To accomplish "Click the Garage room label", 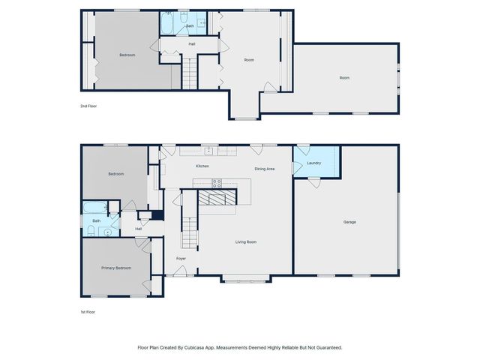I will click(349, 222).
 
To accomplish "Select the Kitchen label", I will click(202, 166).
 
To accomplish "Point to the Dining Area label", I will click(264, 169).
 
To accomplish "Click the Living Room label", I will click(246, 241).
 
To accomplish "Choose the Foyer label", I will click(181, 259).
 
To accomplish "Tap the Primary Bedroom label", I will click(116, 268).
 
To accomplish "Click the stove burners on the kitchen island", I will click(217, 182).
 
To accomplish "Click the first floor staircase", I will click(189, 229).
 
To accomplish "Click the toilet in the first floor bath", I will click(90, 232).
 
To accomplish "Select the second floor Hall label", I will click(192, 44).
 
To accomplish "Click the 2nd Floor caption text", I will click(88, 106).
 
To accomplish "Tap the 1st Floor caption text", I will click(88, 311).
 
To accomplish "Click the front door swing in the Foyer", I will click(181, 271).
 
